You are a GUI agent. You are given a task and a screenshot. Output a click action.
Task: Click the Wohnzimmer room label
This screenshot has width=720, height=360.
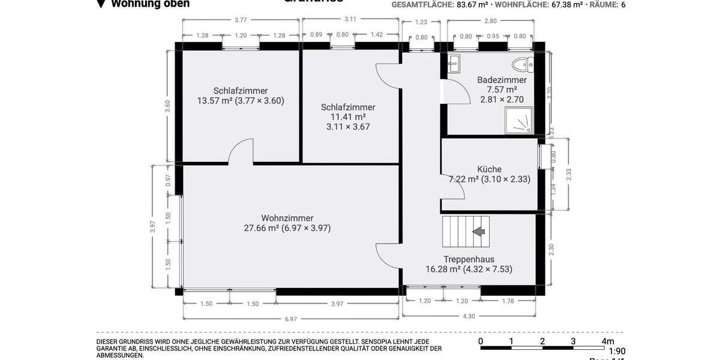[287, 218]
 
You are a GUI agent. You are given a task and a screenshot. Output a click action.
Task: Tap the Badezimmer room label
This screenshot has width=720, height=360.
[502, 80]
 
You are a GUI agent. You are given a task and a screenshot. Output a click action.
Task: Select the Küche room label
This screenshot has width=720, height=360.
[489, 169]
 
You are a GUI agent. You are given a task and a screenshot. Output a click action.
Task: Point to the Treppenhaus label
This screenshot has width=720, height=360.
[469, 259]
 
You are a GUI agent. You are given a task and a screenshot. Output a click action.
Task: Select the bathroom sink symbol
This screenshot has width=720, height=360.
[454, 62]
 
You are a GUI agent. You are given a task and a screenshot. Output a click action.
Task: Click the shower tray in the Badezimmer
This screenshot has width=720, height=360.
[520, 121]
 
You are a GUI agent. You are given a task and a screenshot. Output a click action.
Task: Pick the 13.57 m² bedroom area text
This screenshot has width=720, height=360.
[240, 101]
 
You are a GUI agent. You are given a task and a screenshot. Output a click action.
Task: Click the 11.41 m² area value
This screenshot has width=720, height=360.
[348, 117]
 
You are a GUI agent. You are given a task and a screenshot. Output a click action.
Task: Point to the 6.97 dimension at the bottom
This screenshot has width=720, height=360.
[291, 319]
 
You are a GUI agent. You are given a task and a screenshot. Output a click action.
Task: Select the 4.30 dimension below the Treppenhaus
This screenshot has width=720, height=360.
[469, 316]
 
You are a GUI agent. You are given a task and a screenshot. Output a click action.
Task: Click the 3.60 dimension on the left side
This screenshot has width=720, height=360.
[168, 106]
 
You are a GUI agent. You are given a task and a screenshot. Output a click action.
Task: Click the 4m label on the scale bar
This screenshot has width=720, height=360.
[608, 341]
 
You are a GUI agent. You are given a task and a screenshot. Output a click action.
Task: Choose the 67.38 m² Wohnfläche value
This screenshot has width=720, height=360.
[566, 4]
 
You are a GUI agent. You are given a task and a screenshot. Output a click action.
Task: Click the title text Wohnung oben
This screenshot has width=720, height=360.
[150, 4]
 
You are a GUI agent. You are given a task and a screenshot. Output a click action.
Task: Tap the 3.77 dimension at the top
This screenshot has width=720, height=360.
[241, 20]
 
